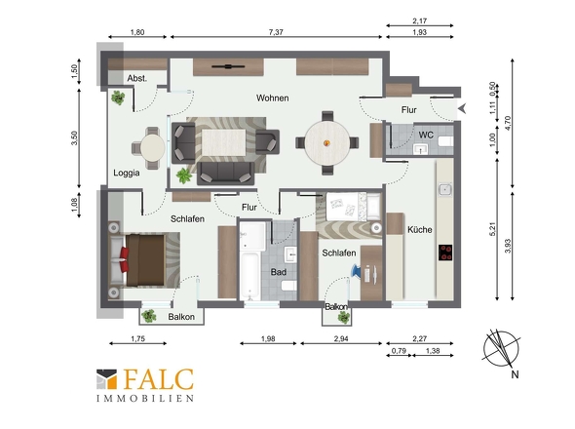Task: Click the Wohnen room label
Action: [273, 97]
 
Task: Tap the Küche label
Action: [420, 230]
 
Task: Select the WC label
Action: [426, 136]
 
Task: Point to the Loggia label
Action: [127, 173]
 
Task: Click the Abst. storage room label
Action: [137, 78]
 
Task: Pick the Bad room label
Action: [279, 272]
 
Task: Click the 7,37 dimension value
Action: [276, 32]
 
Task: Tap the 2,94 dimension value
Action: [341, 338]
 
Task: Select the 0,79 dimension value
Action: [399, 350]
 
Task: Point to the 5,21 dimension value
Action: [493, 229]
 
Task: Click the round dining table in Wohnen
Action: [327, 142]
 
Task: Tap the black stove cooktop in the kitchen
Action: [445, 253]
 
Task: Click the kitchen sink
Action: [445, 190]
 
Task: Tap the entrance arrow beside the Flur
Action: [462, 108]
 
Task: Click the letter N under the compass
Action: [515, 374]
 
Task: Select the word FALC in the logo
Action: [159, 379]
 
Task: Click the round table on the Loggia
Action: [153, 147]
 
